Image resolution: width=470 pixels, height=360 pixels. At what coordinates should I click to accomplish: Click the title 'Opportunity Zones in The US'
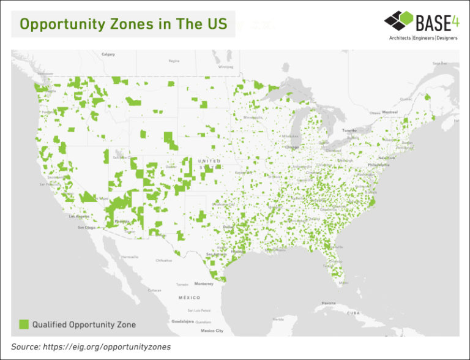(x=123, y=24)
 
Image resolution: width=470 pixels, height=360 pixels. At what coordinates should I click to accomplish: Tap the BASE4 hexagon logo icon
(x=398, y=21)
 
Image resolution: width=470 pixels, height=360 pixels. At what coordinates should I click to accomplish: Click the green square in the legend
(x=23, y=324)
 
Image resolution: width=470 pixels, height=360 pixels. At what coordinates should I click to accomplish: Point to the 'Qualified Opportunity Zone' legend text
(x=84, y=324)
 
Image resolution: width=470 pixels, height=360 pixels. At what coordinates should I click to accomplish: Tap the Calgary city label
(x=108, y=54)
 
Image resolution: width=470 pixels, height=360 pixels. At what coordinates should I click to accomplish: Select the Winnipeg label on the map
(x=225, y=66)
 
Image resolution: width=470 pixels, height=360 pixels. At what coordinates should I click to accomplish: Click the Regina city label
(x=174, y=61)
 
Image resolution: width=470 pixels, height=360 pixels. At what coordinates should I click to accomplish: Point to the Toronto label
(x=349, y=130)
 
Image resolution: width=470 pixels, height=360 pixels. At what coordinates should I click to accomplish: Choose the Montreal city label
(x=389, y=113)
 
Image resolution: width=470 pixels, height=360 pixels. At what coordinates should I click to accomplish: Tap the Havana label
(x=329, y=303)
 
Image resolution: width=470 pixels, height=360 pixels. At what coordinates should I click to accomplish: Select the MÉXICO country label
(x=190, y=297)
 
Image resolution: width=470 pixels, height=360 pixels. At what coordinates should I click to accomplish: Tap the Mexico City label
(x=212, y=331)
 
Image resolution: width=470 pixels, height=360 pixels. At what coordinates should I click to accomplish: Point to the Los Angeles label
(x=79, y=217)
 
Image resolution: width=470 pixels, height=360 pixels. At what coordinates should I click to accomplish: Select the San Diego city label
(x=86, y=227)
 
